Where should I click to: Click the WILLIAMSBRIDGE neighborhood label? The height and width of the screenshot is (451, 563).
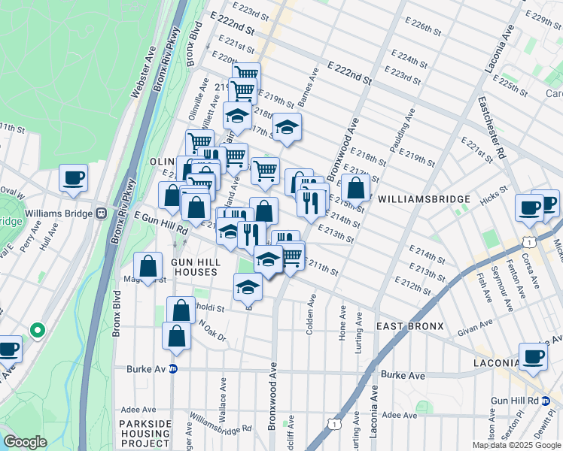pyautogui.click(x=424, y=199)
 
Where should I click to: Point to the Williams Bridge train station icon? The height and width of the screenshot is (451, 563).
pyautogui.click(x=99, y=213)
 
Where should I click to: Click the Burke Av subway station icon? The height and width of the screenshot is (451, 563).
pyautogui.click(x=173, y=368)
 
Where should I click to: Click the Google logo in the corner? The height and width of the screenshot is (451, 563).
pyautogui.click(x=25, y=441)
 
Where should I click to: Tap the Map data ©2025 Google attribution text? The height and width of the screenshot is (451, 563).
pyautogui.click(x=516, y=445)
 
